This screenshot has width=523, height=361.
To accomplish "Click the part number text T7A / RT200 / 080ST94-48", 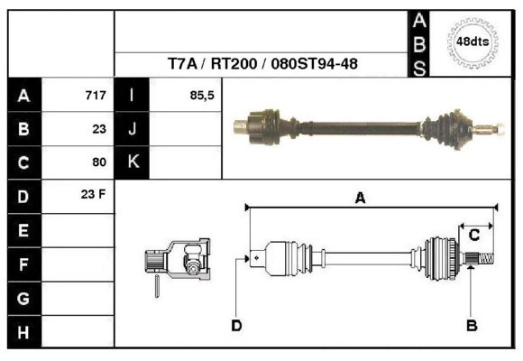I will tap(262, 65).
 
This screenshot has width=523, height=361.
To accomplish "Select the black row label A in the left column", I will tap(23, 95).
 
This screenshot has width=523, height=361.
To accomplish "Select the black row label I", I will tap(132, 95).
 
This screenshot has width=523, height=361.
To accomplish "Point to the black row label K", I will tap(132, 162).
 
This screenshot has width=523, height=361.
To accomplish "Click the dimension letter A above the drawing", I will tap(360, 199).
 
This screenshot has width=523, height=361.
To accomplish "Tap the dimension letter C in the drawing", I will tap(473, 235).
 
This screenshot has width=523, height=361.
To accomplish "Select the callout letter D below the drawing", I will tap(236, 324).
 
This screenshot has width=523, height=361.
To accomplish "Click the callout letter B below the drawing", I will tap(471, 324).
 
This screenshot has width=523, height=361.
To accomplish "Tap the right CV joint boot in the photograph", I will tap(451, 126).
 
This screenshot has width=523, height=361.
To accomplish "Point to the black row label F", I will tap(23, 264).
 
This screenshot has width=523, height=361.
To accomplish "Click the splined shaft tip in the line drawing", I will tap(482, 260).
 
